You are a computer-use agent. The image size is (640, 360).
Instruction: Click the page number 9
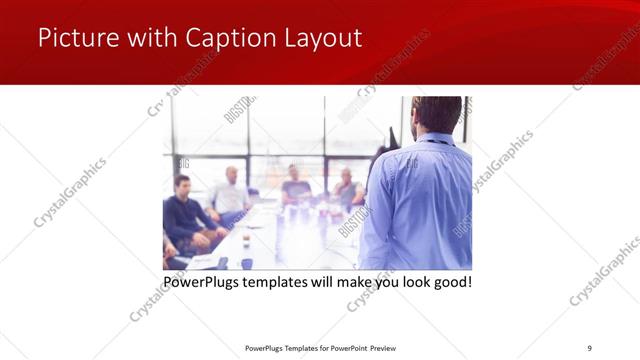tap(589, 347)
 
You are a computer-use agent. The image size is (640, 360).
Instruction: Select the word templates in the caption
tap(288, 282)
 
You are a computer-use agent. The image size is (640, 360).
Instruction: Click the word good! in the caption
tap(450, 282)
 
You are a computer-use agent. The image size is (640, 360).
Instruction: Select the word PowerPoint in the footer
tap(343, 347)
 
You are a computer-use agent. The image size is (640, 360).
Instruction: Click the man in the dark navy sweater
tap(184, 213)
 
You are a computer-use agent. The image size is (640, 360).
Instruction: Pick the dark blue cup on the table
tap(246, 263)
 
